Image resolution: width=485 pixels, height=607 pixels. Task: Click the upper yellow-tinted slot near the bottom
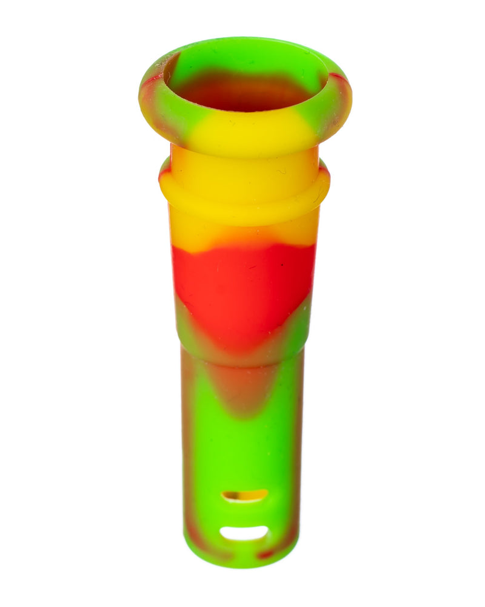(x=244, y=495)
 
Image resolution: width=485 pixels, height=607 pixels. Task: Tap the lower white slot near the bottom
(x=244, y=533)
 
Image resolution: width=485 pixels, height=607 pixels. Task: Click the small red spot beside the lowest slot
(x=267, y=553)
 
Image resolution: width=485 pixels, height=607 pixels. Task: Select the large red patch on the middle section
(x=242, y=291)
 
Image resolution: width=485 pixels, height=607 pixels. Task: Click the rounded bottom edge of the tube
(x=242, y=561)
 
